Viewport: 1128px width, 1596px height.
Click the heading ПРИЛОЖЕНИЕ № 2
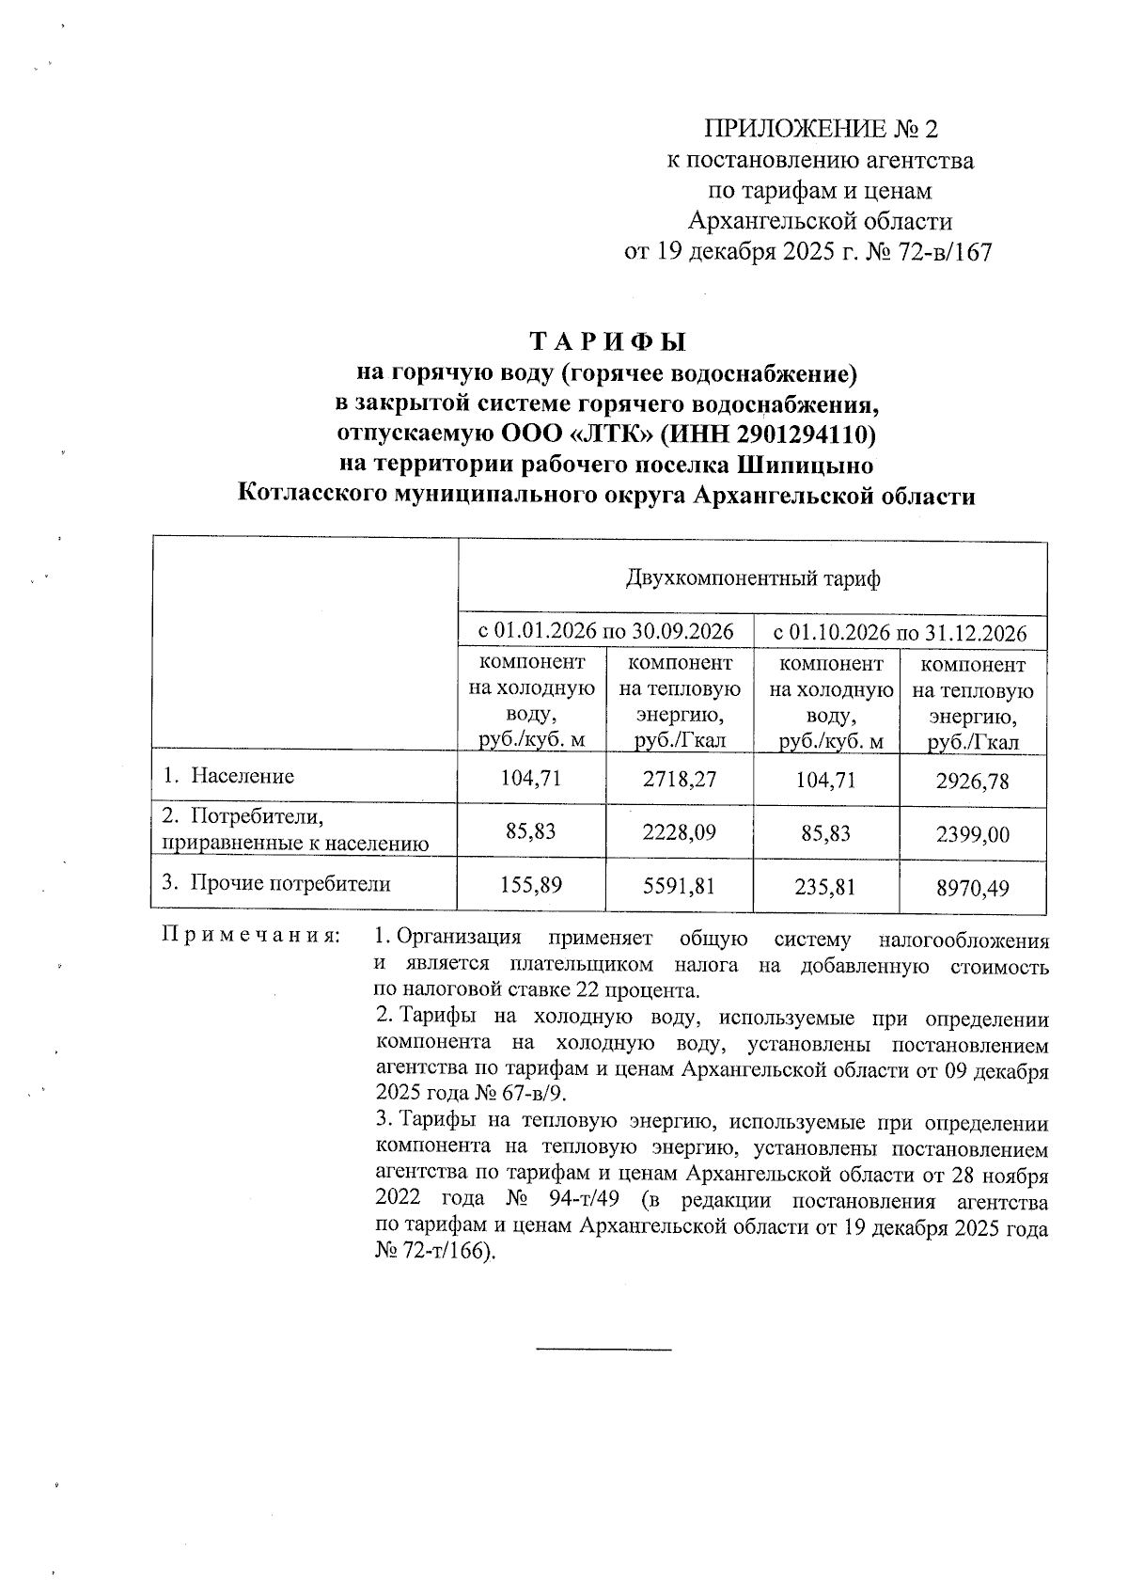click(821, 129)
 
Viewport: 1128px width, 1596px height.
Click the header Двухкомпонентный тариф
click(752, 577)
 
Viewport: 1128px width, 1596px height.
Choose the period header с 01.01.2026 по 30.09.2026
click(606, 631)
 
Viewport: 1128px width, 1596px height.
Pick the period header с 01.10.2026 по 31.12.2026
click(900, 631)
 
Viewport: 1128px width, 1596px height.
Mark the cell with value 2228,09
click(681, 832)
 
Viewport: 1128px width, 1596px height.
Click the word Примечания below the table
click(251, 938)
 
